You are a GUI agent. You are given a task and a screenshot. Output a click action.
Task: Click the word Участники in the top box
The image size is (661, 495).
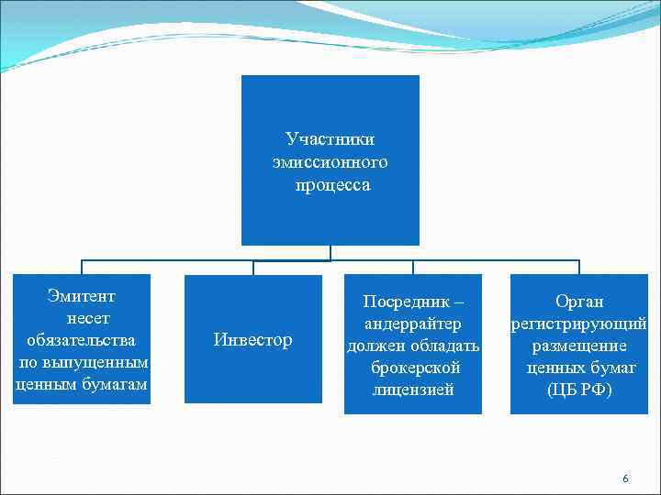tap(330, 139)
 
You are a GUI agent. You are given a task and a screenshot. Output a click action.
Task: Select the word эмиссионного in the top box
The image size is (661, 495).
tap(330, 162)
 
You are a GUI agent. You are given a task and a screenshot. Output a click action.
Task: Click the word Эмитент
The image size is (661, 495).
tap(82, 296)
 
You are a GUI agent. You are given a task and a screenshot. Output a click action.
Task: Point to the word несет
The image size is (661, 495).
tap(87, 318)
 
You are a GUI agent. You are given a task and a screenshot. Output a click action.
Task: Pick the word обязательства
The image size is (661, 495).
tap(82, 341)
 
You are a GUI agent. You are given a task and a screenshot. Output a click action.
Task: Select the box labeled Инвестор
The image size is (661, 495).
tap(252, 340)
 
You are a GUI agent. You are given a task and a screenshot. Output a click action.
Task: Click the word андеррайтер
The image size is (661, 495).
tap(412, 324)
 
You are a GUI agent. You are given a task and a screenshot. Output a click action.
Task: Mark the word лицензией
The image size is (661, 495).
tap(413, 390)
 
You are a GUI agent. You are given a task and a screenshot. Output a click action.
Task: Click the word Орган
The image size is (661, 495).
tap(580, 302)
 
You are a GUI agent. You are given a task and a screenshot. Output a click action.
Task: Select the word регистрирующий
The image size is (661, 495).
tap(579, 324)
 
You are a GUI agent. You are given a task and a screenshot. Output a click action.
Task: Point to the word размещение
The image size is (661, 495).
tap(580, 346)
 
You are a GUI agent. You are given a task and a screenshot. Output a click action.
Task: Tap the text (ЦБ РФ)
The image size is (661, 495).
tap(579, 390)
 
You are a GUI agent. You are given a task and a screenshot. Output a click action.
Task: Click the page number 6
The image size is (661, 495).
tap(625, 478)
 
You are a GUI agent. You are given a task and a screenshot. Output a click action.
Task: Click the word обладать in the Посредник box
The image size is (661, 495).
tap(445, 346)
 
